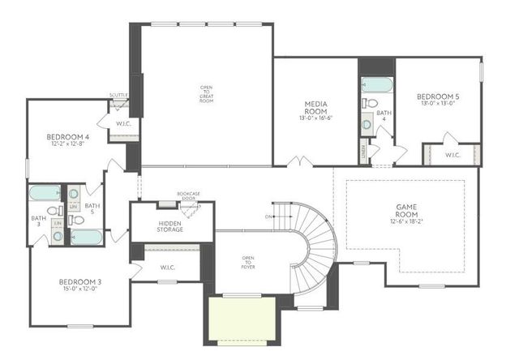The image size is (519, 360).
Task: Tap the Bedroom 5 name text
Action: tap(437, 97)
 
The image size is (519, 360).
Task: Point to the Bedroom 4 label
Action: tap(67, 136)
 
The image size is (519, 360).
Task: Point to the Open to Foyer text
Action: tap(248, 261)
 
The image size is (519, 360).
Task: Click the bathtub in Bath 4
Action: tap(375, 84)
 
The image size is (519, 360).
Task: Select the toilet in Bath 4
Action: tap(371, 104)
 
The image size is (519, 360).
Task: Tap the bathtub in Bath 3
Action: tap(44, 194)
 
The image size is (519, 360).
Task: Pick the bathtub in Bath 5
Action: tap(86, 237)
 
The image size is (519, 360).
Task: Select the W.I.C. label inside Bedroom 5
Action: tap(453, 155)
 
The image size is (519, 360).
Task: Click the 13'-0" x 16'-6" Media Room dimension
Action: tap(315, 118)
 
